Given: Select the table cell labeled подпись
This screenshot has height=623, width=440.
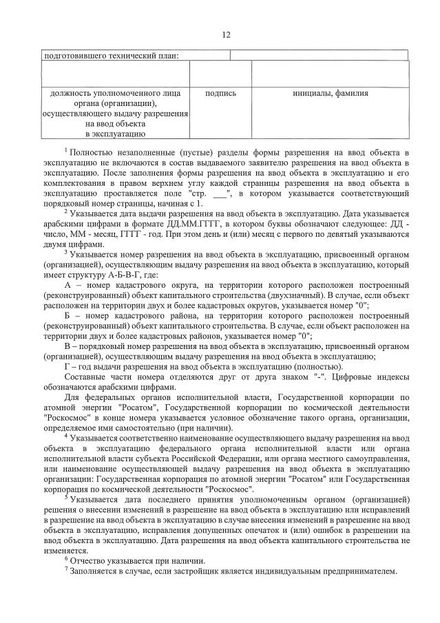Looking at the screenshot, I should (221, 93).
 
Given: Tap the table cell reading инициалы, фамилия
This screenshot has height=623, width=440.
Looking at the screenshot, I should (330, 93).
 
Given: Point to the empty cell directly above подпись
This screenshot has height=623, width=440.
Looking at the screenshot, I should (221, 74).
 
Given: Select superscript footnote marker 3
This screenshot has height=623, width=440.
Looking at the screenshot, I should (66, 252).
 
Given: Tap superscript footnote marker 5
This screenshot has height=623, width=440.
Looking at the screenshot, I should (65, 495).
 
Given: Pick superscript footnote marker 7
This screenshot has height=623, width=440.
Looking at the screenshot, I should (65, 569).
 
